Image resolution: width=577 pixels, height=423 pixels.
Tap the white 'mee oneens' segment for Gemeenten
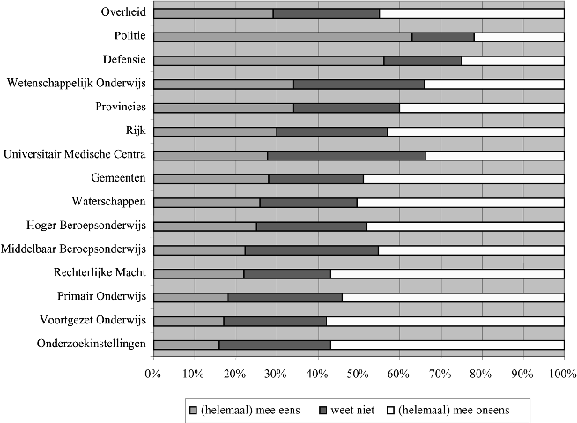coord(463,179)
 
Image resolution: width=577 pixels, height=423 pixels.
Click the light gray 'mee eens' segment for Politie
coord(282,37)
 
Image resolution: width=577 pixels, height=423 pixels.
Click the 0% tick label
coord(153,374)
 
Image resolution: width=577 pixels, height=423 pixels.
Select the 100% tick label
coord(562,374)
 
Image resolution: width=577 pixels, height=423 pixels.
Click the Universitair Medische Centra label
coord(74,154)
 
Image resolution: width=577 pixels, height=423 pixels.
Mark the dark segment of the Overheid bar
coord(326,13)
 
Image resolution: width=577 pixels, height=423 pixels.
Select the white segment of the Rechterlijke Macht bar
coord(447,273)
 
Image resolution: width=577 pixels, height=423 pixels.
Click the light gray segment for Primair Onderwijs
coord(190,297)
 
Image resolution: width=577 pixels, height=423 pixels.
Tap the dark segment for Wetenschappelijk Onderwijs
coord(359,84)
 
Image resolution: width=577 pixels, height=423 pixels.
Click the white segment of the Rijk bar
coord(476,131)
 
